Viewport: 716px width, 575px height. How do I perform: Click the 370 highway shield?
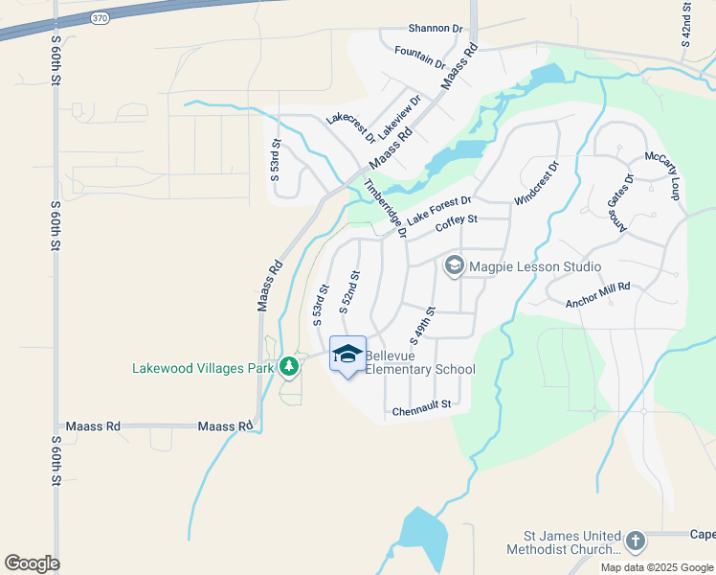pyautogui.click(x=99, y=18)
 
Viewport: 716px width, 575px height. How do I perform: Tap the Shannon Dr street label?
pyautogui.click(x=436, y=29)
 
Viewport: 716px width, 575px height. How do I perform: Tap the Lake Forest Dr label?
pyautogui.click(x=438, y=213)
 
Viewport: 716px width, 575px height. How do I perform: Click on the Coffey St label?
pyautogui.click(x=456, y=224)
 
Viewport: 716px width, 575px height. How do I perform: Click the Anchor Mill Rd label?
pyautogui.click(x=598, y=293)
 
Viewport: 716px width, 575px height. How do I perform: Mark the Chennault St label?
pyautogui.click(x=421, y=410)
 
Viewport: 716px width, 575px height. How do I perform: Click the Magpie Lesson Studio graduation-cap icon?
pyautogui.click(x=455, y=265)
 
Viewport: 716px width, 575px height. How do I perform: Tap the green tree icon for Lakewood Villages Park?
pyautogui.click(x=288, y=367)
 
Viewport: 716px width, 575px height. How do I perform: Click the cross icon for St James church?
pyautogui.click(x=635, y=542)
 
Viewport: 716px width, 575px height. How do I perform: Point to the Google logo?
pyautogui.click(x=32, y=563)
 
